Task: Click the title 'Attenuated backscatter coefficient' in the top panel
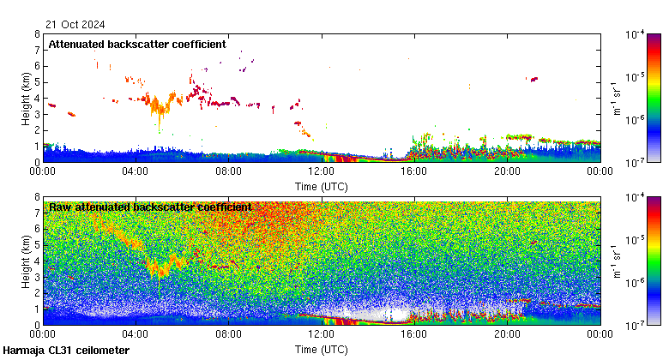point(137,44)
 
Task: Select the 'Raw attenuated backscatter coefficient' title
point(150,207)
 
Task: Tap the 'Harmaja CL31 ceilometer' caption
point(67,351)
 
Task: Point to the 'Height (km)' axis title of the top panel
point(26,98)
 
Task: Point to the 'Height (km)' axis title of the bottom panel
point(26,261)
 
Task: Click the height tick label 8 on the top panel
point(37,34)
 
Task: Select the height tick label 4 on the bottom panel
point(37,261)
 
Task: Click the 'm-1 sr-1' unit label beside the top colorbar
point(615,98)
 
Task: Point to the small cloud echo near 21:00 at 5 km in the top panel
point(533,79)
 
